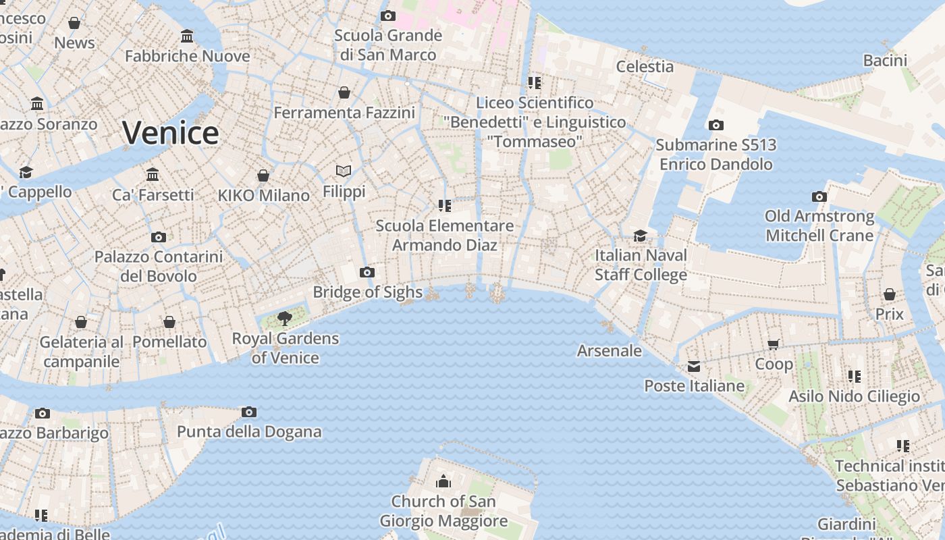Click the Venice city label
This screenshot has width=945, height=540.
(x=170, y=132)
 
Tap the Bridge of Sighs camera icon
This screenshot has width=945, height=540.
(x=367, y=273)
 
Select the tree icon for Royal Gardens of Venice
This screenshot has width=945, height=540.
(x=285, y=318)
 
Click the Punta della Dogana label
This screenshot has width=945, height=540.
(x=249, y=431)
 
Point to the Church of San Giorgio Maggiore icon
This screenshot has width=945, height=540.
(x=443, y=481)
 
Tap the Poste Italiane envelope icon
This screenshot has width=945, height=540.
(x=694, y=367)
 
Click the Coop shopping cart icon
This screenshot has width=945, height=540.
(x=774, y=345)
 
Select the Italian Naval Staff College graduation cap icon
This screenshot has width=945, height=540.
(x=640, y=236)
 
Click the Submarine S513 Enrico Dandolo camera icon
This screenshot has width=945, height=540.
(x=716, y=126)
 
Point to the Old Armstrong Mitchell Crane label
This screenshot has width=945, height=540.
(x=819, y=225)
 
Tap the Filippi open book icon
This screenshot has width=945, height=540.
(x=344, y=171)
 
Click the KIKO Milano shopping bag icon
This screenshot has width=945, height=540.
(x=263, y=175)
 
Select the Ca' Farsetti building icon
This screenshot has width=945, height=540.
(x=153, y=175)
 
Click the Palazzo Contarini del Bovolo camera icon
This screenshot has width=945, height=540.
(x=159, y=237)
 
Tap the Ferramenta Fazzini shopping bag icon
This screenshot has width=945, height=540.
(x=344, y=92)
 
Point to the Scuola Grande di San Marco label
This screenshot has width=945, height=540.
(x=388, y=45)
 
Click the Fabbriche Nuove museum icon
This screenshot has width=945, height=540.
(x=187, y=36)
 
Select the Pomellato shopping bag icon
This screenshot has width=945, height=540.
(x=169, y=323)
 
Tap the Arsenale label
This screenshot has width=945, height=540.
(x=610, y=350)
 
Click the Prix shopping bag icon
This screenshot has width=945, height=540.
(x=890, y=295)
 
